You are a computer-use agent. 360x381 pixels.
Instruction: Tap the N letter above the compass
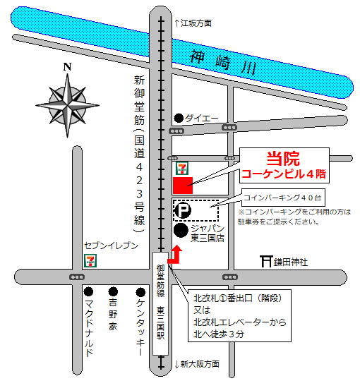tap(67, 67)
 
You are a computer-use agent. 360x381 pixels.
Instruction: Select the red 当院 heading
tap(280, 158)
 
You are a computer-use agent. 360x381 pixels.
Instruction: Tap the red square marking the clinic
tap(183, 185)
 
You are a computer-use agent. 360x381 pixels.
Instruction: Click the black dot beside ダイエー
tap(179, 117)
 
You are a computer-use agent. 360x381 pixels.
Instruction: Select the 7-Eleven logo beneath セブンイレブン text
tap(90, 259)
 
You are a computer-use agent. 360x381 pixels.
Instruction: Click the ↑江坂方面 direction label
tap(192, 23)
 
